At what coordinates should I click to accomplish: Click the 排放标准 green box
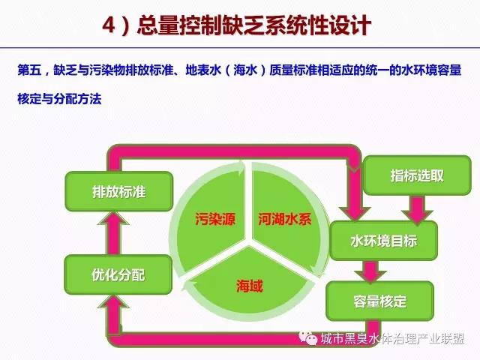click(x=119, y=192)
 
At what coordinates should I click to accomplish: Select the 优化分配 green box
click(x=118, y=274)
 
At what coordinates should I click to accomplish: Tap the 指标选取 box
click(x=417, y=175)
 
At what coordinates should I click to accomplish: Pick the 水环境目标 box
click(x=383, y=241)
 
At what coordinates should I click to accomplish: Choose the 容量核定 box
click(x=380, y=301)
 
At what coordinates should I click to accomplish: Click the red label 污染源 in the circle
click(x=215, y=219)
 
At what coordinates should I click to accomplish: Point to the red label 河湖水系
click(x=285, y=219)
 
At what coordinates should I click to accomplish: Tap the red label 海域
click(x=250, y=286)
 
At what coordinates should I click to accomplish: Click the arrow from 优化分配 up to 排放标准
click(x=113, y=233)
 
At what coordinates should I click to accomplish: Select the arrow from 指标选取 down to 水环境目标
click(x=417, y=210)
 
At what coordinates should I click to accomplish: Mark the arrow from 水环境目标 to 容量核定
click(x=370, y=271)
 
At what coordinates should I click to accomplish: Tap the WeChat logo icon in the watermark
click(x=308, y=338)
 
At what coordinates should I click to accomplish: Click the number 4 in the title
click(x=109, y=25)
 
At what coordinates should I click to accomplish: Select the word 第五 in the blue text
click(x=29, y=70)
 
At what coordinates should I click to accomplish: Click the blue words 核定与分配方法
click(x=59, y=98)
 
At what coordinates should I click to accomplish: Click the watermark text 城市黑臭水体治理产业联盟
click(x=392, y=338)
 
